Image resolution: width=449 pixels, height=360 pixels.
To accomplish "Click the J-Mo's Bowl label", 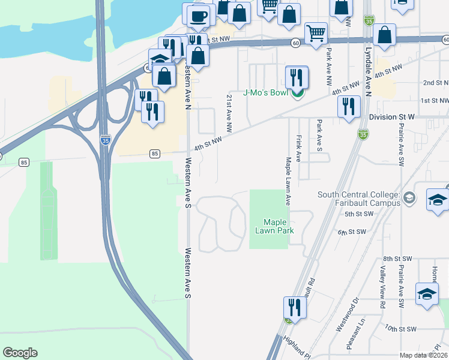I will click(x=267, y=93).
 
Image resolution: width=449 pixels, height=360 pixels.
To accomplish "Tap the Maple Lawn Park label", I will click(x=275, y=226).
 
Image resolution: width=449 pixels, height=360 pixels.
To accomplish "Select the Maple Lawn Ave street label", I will click(x=288, y=181).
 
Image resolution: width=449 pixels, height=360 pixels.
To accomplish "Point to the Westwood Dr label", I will click(x=347, y=314).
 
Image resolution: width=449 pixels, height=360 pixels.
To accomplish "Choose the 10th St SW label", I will click(x=401, y=329).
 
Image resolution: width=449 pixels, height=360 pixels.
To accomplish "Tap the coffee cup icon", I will click(x=198, y=17).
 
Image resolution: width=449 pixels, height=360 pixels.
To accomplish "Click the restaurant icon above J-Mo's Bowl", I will click(x=297, y=77).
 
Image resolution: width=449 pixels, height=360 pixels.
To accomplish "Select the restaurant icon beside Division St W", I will click(x=348, y=106).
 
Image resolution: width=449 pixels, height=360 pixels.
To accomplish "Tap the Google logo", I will click(x=20, y=353).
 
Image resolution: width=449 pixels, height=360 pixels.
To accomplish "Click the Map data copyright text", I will click(x=424, y=355).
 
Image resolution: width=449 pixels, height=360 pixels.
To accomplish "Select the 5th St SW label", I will click(x=355, y=214).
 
